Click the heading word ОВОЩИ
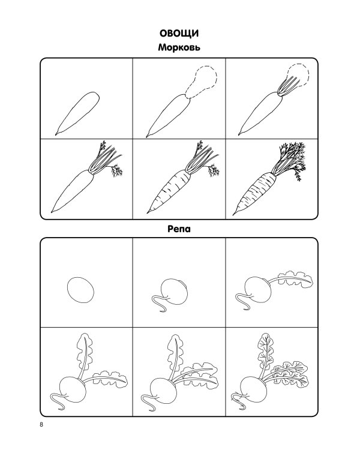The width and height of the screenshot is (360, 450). (179, 33)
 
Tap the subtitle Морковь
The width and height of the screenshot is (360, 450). (179, 47)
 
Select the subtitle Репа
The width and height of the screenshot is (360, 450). (179, 229)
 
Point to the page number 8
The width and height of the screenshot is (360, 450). (41, 425)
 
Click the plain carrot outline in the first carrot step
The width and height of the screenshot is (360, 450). (77, 113)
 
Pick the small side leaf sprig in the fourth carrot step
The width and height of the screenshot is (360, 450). (117, 170)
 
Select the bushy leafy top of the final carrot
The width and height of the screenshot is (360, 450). (290, 159)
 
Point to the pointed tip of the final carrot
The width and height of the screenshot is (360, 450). (233, 214)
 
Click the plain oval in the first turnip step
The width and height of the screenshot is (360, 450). (80, 290)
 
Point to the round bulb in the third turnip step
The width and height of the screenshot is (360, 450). (258, 290)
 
